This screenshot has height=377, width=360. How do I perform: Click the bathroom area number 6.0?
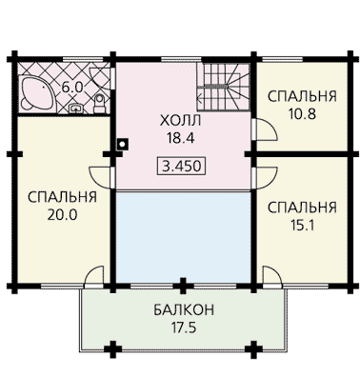(x=72, y=87)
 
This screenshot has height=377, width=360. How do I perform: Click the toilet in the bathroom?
(x=99, y=104)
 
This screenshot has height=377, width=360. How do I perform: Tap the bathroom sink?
(x=76, y=109)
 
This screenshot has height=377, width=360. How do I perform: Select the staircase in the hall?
(x=223, y=87)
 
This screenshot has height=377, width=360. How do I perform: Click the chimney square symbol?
(x=122, y=144)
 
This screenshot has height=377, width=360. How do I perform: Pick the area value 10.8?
(x=302, y=114)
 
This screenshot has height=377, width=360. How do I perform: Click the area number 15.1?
(x=302, y=225)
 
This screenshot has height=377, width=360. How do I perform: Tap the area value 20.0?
(x=62, y=215)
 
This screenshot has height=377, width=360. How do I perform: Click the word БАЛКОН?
(x=184, y=310)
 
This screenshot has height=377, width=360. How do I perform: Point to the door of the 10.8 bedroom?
(x=266, y=129)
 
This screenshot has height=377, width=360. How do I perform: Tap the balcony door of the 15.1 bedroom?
(x=271, y=278)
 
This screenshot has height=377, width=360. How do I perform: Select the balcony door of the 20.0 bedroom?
(x=93, y=277)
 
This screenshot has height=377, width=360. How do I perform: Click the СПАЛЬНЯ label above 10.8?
(x=302, y=96)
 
